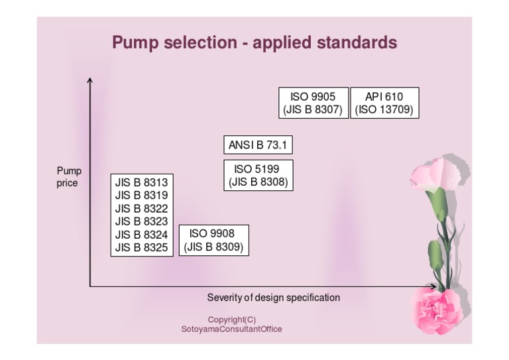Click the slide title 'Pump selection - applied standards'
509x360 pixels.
pyautogui.click(x=254, y=43)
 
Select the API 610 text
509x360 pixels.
pyautogui.click(x=384, y=97)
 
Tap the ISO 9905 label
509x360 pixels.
pyautogui.click(x=313, y=97)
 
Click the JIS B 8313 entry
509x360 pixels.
pyautogui.click(x=141, y=182)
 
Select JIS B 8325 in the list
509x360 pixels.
pyautogui.click(x=141, y=247)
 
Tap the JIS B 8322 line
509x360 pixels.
pyautogui.click(x=141, y=208)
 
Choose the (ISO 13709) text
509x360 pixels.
pyautogui.click(x=384, y=110)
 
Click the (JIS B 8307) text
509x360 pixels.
pyautogui.click(x=313, y=110)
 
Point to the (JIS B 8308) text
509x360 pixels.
pyautogui.click(x=258, y=182)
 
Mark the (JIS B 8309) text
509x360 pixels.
pyautogui.click(x=213, y=247)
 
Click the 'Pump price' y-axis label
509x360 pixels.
pyautogui.click(x=69, y=177)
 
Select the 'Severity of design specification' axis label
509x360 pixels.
pyautogui.click(x=274, y=297)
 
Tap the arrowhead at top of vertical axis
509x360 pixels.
pyautogui.click(x=90, y=80)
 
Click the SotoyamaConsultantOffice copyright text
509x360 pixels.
pyautogui.click(x=231, y=328)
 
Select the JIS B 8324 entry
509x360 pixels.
pyautogui.click(x=141, y=234)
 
